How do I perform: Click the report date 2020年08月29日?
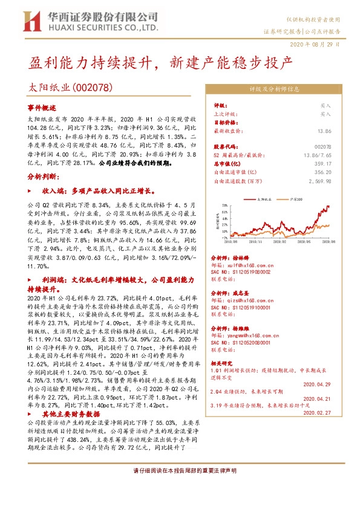tap(319, 44)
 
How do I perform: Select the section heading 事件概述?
tap(41, 106)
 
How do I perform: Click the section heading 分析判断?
tap(43, 176)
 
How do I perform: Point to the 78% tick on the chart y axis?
tap(224, 206)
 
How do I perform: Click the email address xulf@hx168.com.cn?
tap(242, 264)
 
